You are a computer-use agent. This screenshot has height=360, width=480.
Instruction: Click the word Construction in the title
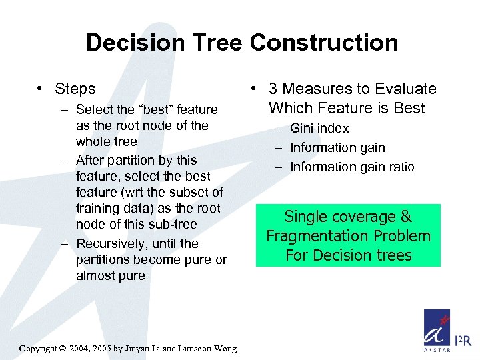(324, 43)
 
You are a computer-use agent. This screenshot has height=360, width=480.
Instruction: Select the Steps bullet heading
(75, 89)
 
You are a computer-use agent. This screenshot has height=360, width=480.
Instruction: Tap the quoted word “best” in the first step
(151, 109)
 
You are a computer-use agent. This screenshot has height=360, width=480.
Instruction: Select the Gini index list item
(319, 128)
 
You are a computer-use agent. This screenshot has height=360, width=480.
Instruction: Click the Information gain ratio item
(352, 167)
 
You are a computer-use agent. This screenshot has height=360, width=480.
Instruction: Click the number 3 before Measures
(273, 89)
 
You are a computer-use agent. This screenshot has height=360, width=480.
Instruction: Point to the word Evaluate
(405, 89)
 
